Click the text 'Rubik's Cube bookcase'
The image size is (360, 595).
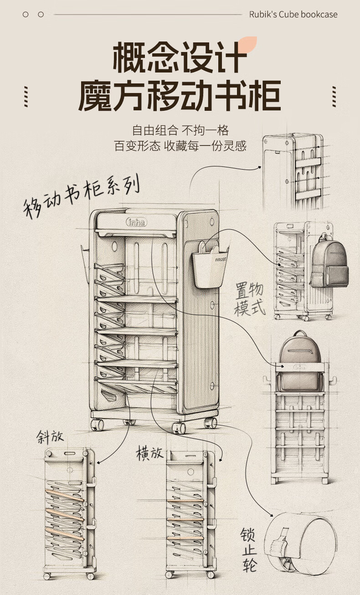293,15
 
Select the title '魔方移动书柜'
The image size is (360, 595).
180,96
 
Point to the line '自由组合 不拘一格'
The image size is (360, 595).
180,130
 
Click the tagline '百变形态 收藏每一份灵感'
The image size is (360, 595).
180,146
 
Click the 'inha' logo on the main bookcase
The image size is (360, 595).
137,222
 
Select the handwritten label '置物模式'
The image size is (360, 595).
250,299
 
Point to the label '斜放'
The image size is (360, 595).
50,437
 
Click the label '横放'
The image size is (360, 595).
149,453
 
